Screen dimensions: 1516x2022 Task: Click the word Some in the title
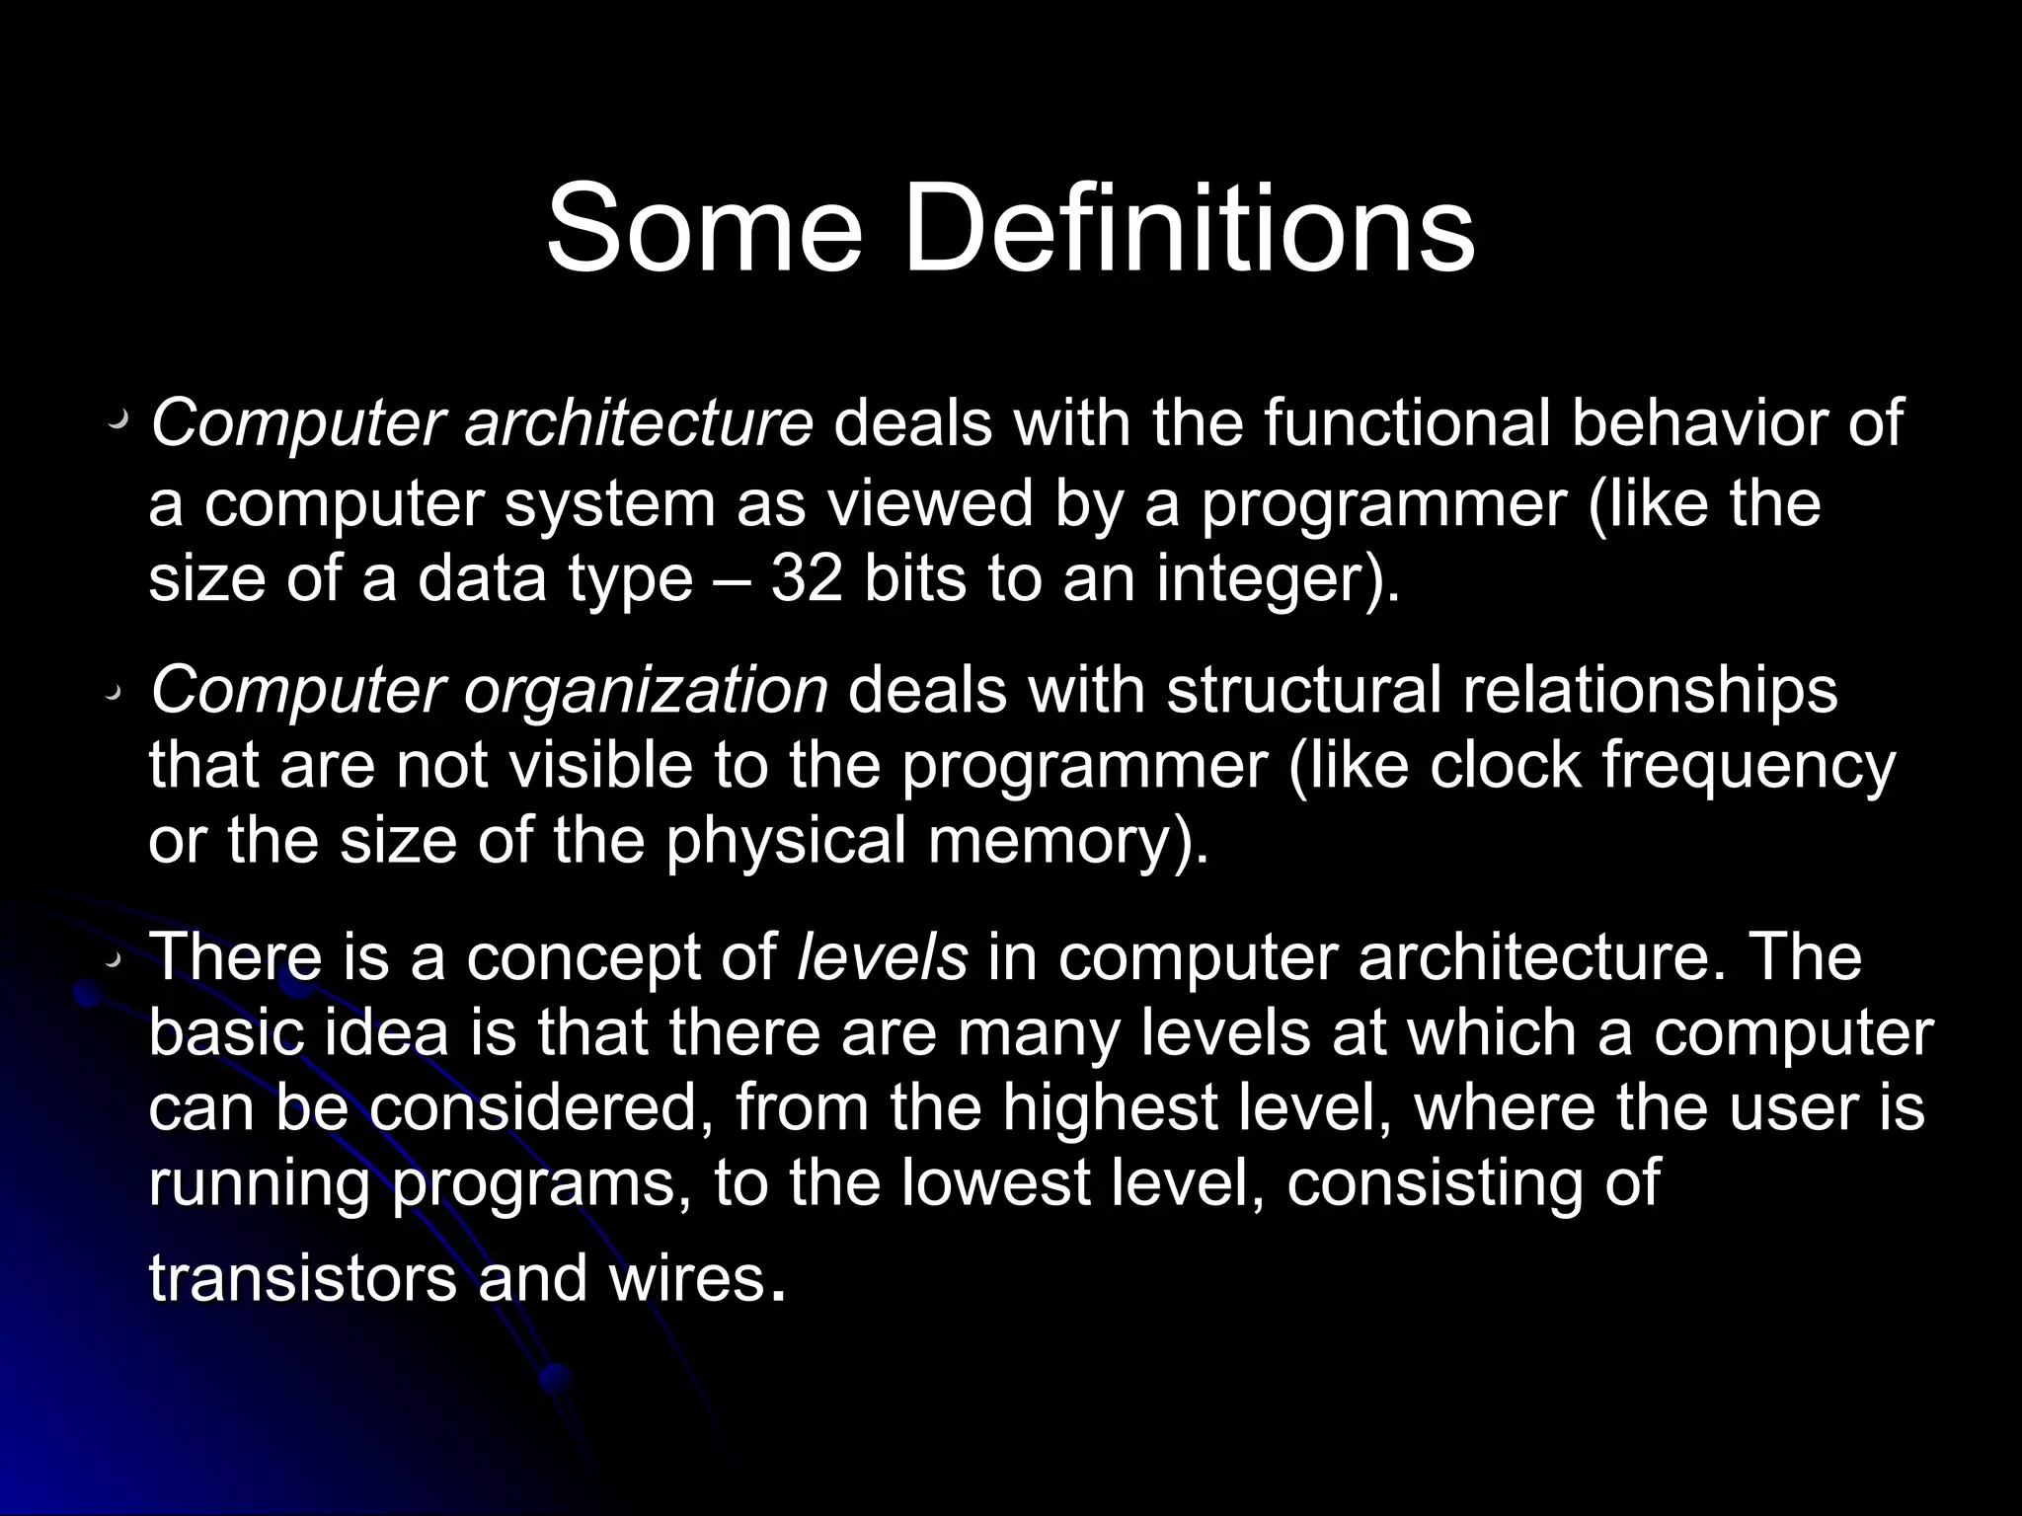703,229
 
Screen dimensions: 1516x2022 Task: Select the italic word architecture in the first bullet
639,424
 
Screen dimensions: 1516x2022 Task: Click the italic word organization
646,691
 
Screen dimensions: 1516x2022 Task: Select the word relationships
1650,691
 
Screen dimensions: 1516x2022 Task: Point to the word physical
786,842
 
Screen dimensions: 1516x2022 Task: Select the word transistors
302,1277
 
